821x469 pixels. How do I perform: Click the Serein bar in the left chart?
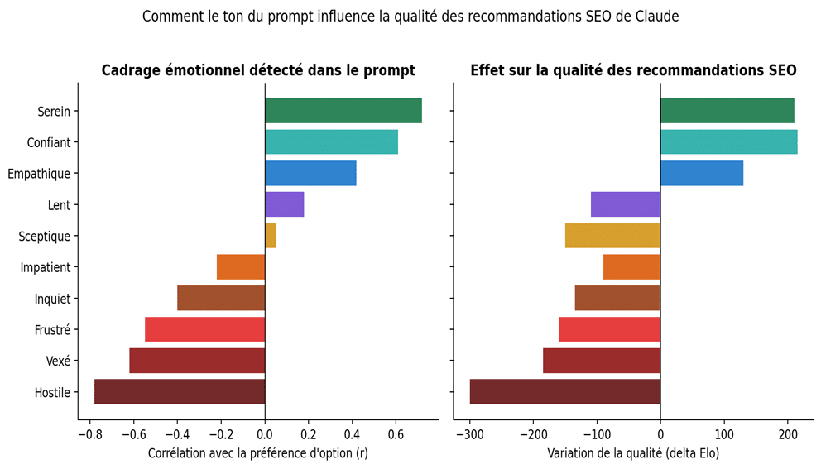343,111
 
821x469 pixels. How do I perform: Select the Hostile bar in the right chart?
564,392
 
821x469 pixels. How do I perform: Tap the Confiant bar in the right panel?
728,142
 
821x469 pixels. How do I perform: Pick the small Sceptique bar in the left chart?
270,236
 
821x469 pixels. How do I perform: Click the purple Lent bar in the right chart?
625,204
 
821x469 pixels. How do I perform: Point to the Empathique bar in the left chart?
310,174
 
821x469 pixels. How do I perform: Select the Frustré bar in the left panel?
204,330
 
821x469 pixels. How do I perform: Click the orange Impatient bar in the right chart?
631,267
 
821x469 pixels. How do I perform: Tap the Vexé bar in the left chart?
197,361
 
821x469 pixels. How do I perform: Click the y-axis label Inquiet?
52,299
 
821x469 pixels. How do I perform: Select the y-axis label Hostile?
51,392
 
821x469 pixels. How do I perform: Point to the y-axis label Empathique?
38,174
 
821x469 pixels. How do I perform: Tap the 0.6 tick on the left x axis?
396,433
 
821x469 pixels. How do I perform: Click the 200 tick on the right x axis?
787,433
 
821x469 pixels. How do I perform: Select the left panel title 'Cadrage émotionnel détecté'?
257,70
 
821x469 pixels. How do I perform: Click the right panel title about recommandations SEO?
633,70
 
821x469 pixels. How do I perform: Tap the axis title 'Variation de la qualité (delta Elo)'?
633,453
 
